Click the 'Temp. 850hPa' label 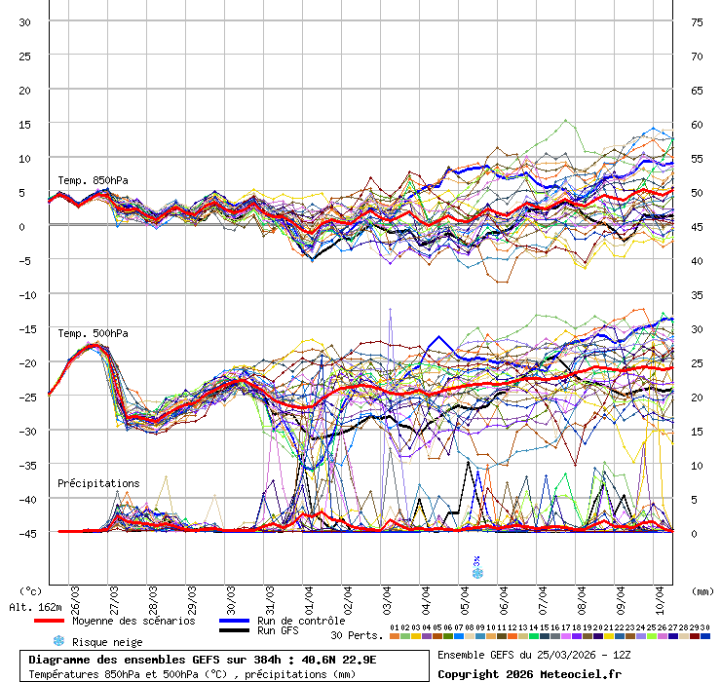[x=93, y=180]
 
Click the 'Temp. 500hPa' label [x=93, y=333]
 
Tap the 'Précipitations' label [x=98, y=483]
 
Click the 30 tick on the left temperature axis [x=25, y=22]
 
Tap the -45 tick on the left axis [x=22, y=533]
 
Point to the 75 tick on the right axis [x=698, y=22]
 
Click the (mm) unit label [x=702, y=590]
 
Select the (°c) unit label [x=31, y=590]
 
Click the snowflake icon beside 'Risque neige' [x=58, y=641]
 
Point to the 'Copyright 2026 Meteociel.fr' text [x=529, y=673]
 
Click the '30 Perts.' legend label [x=357, y=635]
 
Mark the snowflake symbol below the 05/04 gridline [x=476, y=573]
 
